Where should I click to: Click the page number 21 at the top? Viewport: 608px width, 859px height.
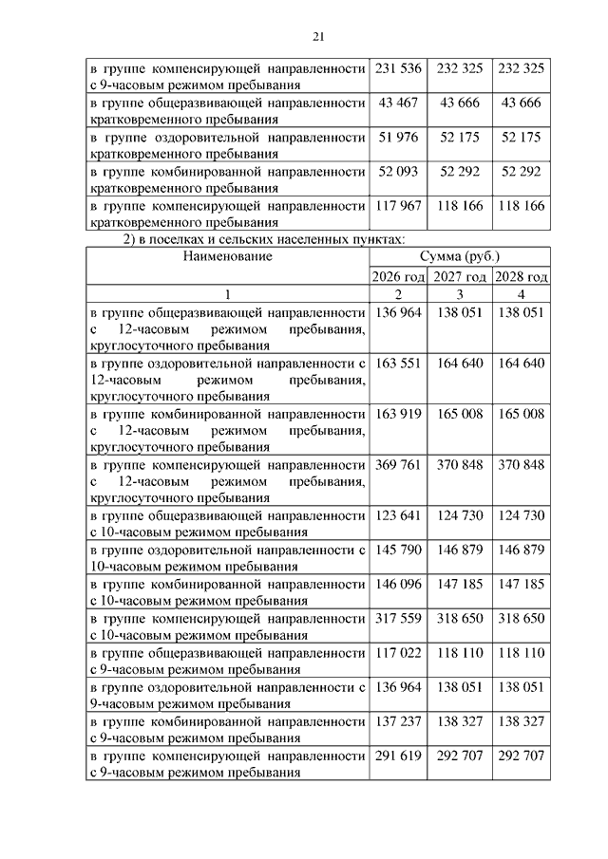pos(318,37)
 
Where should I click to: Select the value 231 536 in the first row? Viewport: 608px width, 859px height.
pos(398,69)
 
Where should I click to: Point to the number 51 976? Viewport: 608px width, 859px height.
pos(398,137)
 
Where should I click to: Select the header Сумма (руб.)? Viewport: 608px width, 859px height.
pos(459,256)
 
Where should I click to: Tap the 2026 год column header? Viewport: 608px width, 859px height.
pos(398,276)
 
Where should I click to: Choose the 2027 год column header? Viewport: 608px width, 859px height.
pos(460,276)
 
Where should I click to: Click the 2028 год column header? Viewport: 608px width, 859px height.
pos(521,276)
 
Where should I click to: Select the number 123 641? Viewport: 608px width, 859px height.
pos(398,515)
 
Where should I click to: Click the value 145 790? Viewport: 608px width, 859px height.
pos(398,550)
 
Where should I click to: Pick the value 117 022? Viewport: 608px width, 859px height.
pos(398,654)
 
